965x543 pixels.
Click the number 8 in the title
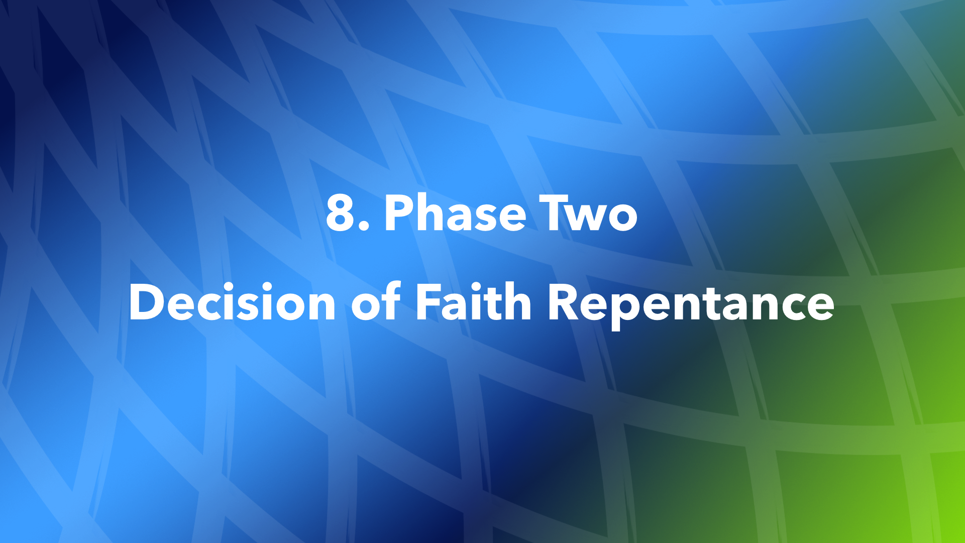point(341,213)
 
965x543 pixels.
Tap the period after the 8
point(365,227)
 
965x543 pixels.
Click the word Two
point(588,213)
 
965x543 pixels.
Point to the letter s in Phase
point(477,217)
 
